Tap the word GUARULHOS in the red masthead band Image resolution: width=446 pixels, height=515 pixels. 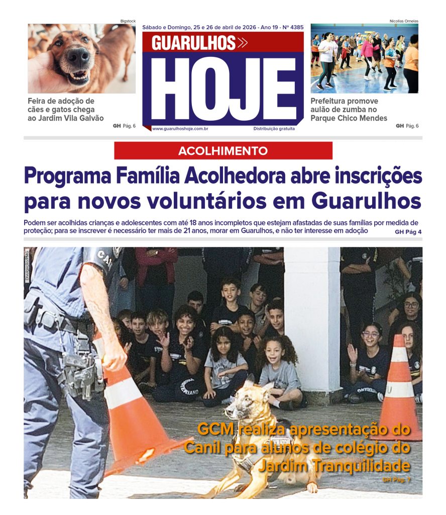pyautogui.click(x=194, y=43)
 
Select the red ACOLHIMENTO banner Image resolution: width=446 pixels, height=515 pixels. pyautogui.click(x=223, y=151)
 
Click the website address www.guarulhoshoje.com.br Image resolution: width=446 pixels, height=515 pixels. pyautogui.click(x=180, y=129)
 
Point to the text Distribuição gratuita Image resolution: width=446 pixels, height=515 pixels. pyautogui.click(x=274, y=129)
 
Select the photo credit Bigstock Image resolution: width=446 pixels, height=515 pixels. pyautogui.click(x=128, y=21)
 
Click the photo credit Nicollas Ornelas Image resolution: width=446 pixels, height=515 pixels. pyautogui.click(x=404, y=21)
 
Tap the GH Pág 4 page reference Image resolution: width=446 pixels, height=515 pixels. pyautogui.click(x=408, y=231)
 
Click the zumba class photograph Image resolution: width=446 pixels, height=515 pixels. pyautogui.click(x=364, y=58)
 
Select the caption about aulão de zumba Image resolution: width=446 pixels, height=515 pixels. pyautogui.click(x=349, y=110)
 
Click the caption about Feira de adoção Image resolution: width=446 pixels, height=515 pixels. pyautogui.click(x=66, y=110)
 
